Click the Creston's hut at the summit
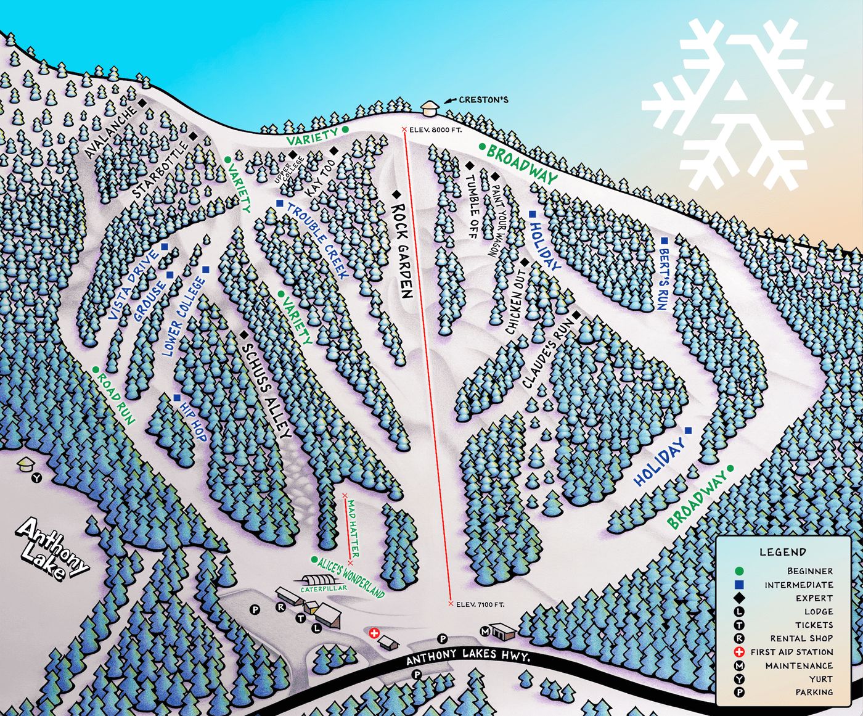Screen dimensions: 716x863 tap(428, 107)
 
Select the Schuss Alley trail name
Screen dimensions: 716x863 tap(266, 391)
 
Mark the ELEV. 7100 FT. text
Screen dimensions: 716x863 tap(480, 604)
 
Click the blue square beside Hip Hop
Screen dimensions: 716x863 tap(177, 398)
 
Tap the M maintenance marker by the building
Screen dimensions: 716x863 tap(485, 632)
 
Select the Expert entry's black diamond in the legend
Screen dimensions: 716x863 tap(740, 598)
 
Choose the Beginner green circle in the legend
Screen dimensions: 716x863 tap(740, 571)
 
